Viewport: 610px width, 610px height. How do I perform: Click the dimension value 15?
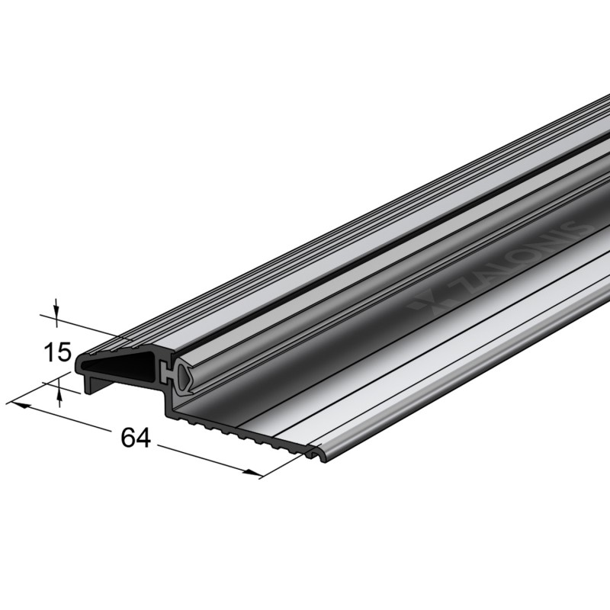[x=57, y=353]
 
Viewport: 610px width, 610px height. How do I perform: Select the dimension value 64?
[x=134, y=438]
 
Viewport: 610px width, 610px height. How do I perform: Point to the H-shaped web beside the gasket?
[x=165, y=374]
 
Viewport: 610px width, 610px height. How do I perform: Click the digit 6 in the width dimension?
[x=127, y=438]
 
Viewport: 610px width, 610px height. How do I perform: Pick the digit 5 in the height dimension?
[x=64, y=353]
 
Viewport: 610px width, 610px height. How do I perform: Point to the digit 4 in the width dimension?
[x=143, y=438]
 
